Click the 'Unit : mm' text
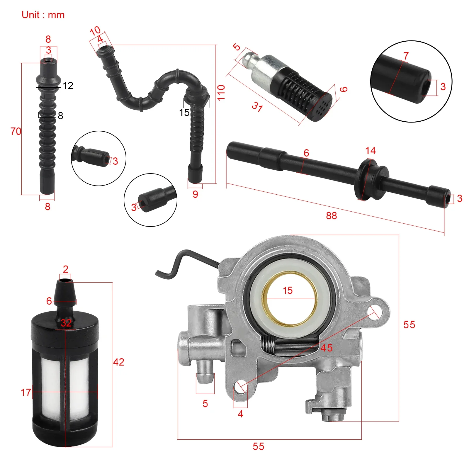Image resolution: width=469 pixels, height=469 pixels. click(43, 15)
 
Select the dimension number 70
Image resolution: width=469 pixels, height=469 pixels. click(16, 131)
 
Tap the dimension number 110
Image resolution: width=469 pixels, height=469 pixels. click(221, 92)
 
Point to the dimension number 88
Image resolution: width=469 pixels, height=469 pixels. click(331, 216)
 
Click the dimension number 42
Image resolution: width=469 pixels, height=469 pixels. click(119, 362)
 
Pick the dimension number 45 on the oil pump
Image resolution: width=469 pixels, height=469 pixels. click(327, 348)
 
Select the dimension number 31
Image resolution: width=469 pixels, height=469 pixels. click(257, 107)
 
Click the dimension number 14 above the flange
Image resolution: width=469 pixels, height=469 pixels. click(370, 151)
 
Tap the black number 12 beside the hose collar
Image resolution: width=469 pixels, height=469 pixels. click(68, 86)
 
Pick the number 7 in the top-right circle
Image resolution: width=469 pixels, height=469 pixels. click(406, 56)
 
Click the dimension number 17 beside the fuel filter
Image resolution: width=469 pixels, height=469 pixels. click(26, 392)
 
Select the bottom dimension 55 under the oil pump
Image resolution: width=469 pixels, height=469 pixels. click(258, 446)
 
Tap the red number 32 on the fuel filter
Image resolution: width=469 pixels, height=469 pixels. click(66, 323)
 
